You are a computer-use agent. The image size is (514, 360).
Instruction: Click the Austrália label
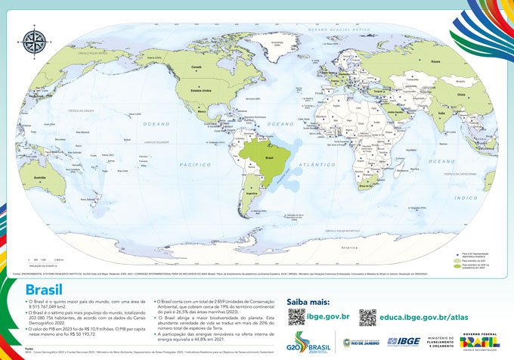pyautogui.click(x=29, y=179)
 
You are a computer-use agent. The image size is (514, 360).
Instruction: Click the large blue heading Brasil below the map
pyautogui.click(x=44, y=289)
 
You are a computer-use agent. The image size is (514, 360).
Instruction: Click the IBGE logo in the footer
pyautogui.click(x=403, y=342)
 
